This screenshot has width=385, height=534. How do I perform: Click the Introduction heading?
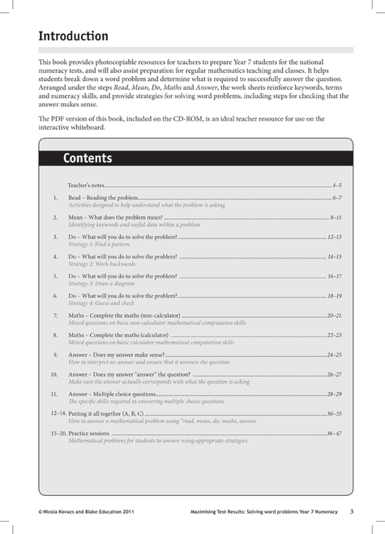pyautogui.click(x=73, y=36)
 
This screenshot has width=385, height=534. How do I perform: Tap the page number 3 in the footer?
pyautogui.click(x=351, y=511)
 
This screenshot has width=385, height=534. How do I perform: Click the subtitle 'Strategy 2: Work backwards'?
pyautogui.click(x=104, y=264)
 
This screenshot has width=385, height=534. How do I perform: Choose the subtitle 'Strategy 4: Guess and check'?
pyautogui.click(x=105, y=303)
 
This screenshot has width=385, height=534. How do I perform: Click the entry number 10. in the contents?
pyautogui.click(x=53, y=374)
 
